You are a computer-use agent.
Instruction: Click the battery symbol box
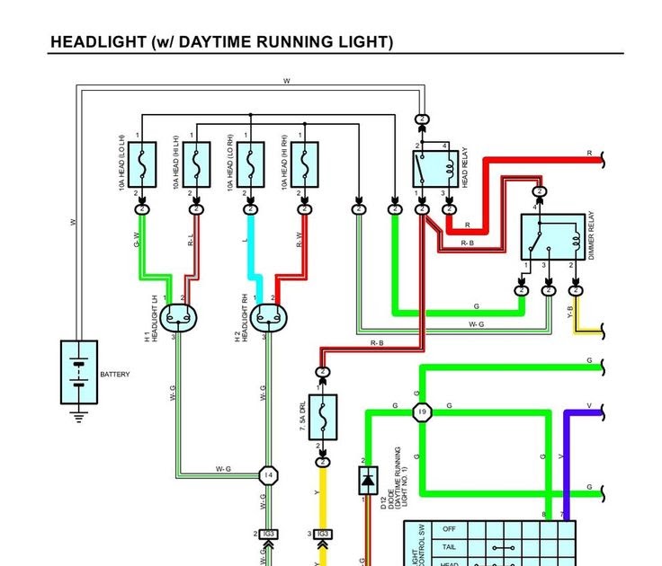click(78, 372)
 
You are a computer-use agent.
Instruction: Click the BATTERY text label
click(115, 374)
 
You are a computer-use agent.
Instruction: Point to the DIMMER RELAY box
click(549, 237)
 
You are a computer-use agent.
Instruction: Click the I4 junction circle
click(268, 474)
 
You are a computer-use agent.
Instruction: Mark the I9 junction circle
click(421, 411)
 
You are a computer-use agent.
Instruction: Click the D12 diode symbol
click(368, 482)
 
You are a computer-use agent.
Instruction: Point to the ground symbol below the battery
click(78, 416)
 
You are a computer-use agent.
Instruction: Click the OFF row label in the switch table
click(450, 529)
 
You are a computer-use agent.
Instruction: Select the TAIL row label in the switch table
click(450, 546)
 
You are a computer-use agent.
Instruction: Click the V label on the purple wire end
click(589, 406)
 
